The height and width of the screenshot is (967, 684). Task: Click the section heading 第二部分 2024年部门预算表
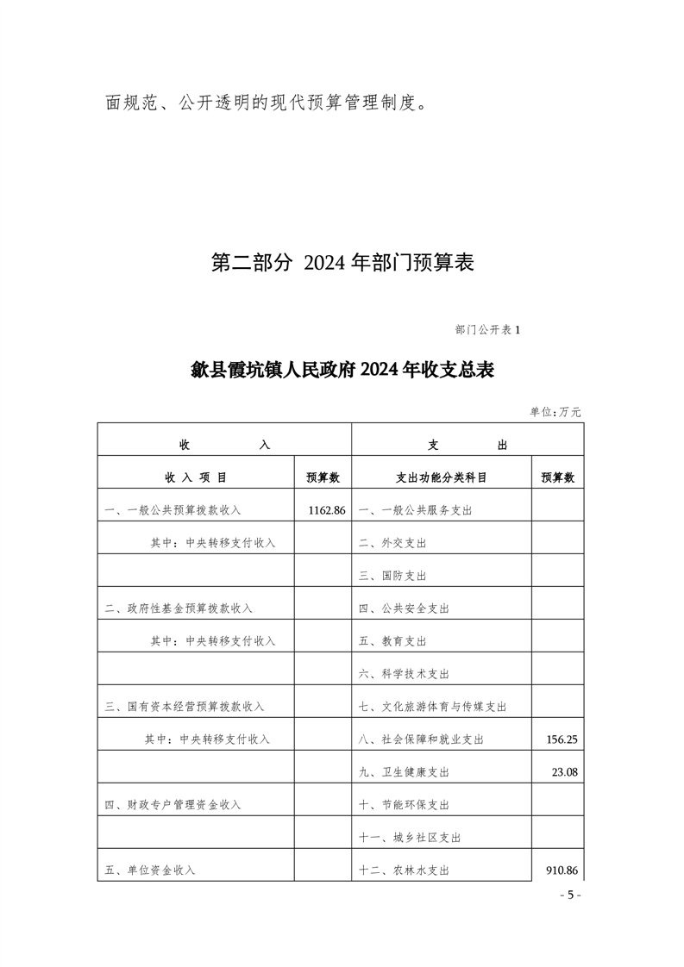(342, 263)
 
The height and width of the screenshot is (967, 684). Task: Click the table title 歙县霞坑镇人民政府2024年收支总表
(342, 371)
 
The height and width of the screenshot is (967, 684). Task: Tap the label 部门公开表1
(487, 329)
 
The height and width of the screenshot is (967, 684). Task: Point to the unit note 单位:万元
(555, 412)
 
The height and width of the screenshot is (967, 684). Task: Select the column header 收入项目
(196, 477)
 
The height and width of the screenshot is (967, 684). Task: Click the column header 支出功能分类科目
(441, 477)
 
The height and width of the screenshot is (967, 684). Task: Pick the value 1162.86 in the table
(326, 510)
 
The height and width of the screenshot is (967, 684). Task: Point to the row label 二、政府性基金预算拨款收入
(179, 608)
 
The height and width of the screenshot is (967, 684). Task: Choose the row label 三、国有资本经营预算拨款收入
(184, 707)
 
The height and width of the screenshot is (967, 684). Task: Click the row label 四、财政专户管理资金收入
(173, 805)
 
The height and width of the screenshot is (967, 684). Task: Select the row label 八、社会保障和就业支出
(421, 739)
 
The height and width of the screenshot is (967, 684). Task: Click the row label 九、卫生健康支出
(404, 772)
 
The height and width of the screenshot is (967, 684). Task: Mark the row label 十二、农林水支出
(404, 870)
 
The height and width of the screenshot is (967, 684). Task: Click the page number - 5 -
(570, 895)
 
